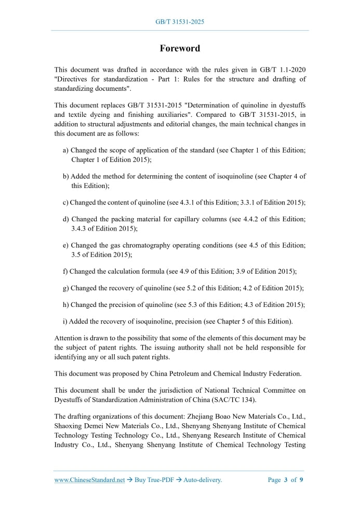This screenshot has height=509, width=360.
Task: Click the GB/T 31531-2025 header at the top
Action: tap(180, 22)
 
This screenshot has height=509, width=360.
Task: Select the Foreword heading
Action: tap(180, 48)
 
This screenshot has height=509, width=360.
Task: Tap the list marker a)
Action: tap(66, 150)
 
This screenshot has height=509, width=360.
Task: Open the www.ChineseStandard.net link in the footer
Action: tap(89, 480)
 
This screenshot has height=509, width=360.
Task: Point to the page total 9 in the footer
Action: tap(301, 480)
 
